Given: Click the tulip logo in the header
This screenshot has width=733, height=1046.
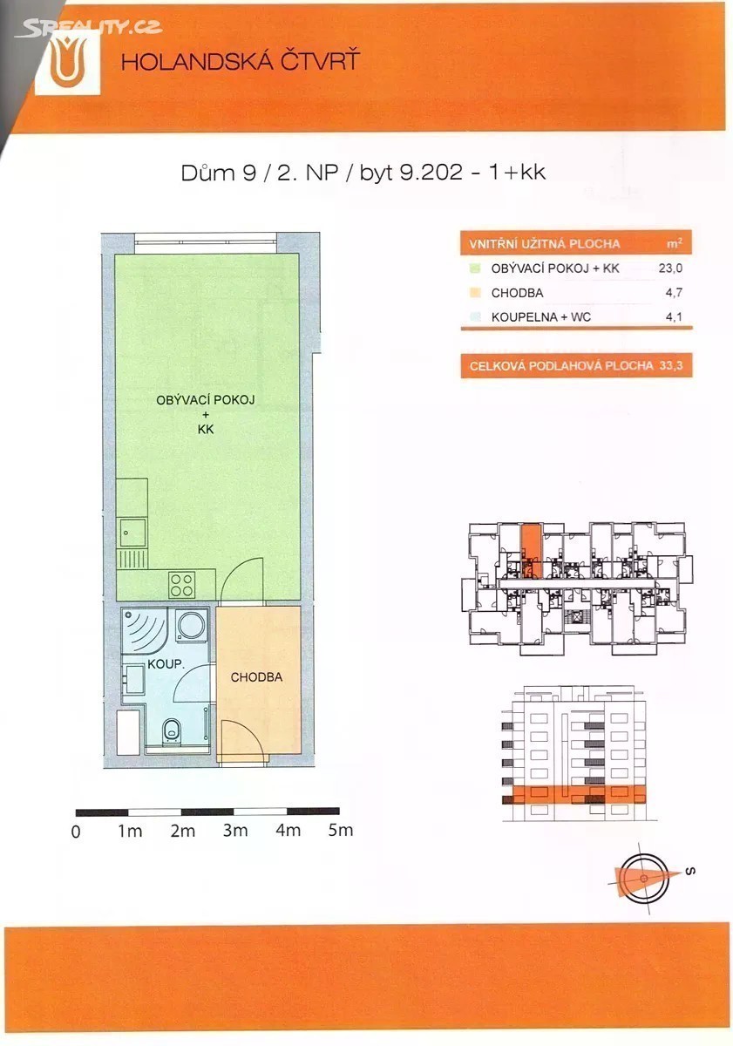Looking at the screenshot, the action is [x=68, y=62].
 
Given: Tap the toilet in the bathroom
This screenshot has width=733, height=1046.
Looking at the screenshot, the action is [x=172, y=729].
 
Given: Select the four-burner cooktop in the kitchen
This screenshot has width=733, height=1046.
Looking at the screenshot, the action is [x=182, y=584].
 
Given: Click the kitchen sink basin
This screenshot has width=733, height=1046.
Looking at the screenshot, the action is [x=132, y=533].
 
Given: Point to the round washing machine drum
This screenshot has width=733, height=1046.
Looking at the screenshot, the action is [x=191, y=624].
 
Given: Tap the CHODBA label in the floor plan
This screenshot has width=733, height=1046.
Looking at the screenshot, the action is [x=256, y=677].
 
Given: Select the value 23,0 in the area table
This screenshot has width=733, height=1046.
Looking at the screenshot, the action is [x=671, y=268].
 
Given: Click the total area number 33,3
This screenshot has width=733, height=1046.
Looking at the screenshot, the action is [x=671, y=365].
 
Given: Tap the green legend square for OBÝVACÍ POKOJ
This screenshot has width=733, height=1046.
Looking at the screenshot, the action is [x=475, y=268].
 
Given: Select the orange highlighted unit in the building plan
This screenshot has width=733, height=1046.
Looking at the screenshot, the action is [x=532, y=552].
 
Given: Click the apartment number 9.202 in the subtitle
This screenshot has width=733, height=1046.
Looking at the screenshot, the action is [x=431, y=173].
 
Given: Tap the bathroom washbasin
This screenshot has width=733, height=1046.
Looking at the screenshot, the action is [x=133, y=680].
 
